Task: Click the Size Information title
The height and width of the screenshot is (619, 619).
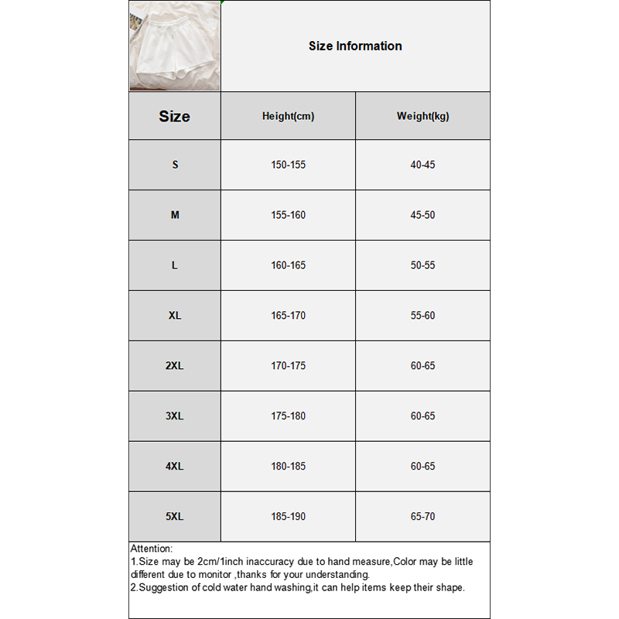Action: [355, 46]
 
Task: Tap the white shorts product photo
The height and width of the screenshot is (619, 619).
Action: [175, 46]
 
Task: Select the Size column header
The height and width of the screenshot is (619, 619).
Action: [174, 116]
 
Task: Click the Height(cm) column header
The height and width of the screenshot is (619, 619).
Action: [288, 116]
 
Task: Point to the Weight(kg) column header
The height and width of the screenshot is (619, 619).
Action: [422, 116]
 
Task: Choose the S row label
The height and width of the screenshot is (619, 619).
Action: [175, 165]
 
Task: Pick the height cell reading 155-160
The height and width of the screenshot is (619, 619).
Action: [288, 215]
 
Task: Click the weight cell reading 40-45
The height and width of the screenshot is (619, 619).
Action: [422, 165]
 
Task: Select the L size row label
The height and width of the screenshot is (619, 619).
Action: [175, 265]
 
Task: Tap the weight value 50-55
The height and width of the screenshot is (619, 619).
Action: [422, 265]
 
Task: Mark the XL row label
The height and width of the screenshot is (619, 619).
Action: [175, 316]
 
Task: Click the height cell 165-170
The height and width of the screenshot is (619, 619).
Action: [288, 316]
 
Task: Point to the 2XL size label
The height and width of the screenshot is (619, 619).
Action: [175, 365]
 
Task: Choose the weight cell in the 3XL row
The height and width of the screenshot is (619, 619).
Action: [422, 416]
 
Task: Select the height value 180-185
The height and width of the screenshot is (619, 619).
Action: [288, 467]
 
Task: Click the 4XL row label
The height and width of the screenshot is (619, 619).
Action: [175, 467]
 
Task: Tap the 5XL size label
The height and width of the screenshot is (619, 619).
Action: [175, 516]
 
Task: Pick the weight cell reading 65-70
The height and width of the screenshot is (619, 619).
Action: [422, 516]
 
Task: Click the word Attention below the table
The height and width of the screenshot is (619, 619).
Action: [152, 549]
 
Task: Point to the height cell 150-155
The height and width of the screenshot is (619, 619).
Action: [288, 165]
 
